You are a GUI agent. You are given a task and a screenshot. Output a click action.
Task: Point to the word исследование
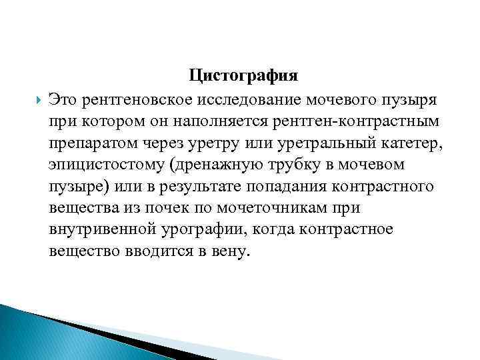[x=247, y=100]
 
